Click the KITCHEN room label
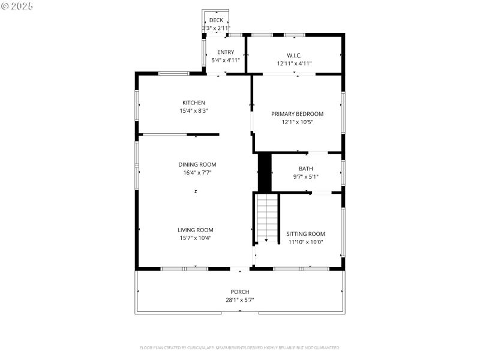(194, 103)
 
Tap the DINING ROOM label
(197, 164)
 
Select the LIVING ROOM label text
(195, 230)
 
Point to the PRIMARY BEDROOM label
(297, 114)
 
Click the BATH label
(305, 169)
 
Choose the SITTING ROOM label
(305, 234)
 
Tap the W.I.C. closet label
(294, 55)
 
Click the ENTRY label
(226, 52)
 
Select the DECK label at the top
(216, 20)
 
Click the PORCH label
(240, 292)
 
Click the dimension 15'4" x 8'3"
(194, 110)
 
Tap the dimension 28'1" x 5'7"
(240, 299)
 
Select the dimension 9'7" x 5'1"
(305, 176)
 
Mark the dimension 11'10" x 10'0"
(305, 242)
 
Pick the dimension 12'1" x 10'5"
(297, 122)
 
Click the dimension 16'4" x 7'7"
(197, 172)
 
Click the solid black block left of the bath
(265, 172)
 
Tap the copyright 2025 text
(17, 5)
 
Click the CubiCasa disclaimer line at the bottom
(240, 347)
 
